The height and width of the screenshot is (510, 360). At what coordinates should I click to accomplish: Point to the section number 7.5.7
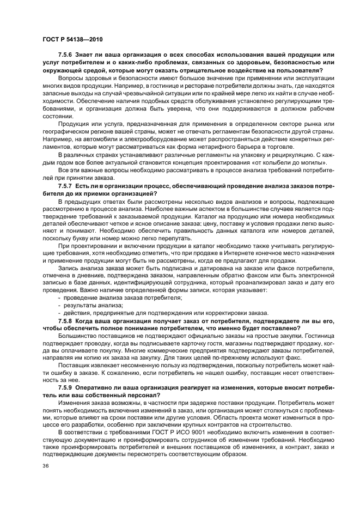[65, 185]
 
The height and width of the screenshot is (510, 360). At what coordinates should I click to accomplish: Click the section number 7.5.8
[65, 321]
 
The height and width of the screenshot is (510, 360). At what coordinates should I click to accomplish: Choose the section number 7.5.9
[65, 386]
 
